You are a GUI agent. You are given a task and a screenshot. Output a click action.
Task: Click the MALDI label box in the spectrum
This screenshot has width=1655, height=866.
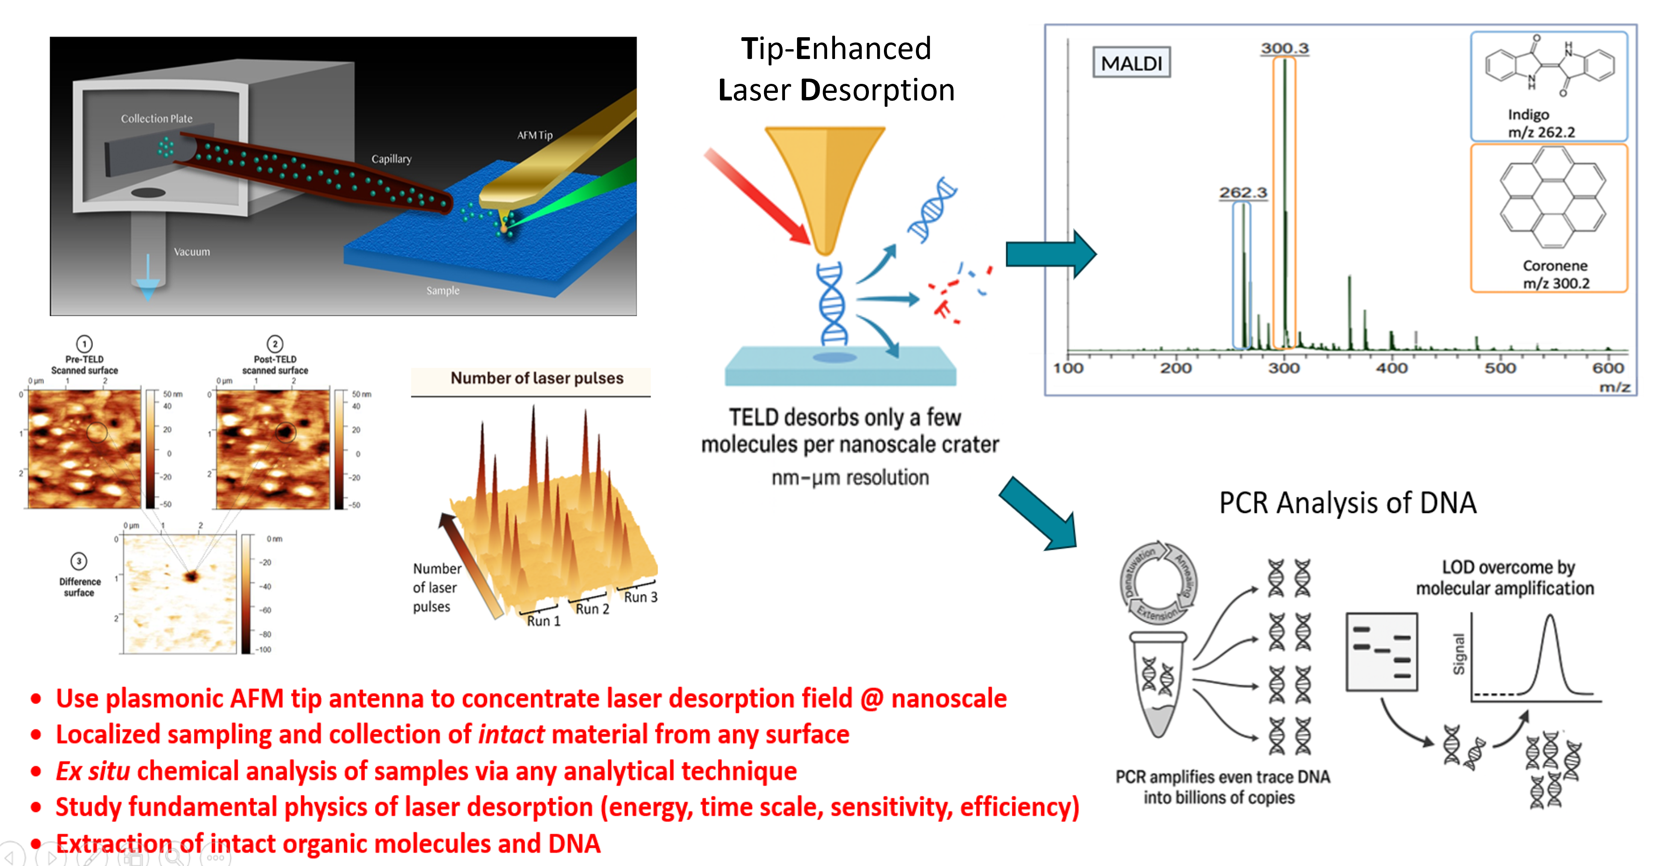click(1131, 63)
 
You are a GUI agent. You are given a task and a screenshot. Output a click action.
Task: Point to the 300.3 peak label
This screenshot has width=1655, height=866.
click(1284, 48)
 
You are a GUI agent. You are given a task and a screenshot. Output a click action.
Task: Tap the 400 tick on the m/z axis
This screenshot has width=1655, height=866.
click(1392, 368)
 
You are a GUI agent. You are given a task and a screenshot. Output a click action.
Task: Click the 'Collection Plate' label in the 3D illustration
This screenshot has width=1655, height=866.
click(157, 118)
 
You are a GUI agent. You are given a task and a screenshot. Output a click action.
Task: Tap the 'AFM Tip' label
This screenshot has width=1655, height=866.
click(534, 135)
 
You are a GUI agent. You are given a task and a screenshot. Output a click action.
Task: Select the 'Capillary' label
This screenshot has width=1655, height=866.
click(391, 159)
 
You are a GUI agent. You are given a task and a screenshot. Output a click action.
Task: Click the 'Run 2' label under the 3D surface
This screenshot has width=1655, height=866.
click(592, 608)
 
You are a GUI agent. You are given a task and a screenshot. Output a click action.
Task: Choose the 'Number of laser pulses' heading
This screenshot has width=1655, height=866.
click(536, 378)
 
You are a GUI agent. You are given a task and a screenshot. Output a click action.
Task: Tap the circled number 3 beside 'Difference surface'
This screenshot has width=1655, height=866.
click(79, 561)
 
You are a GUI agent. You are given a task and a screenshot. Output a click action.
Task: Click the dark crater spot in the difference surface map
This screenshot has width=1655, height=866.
click(191, 576)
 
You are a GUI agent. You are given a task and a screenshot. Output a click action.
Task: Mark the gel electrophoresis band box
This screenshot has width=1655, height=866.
click(1381, 651)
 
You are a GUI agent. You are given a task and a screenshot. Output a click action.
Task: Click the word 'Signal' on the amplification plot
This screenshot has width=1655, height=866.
click(1459, 654)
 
